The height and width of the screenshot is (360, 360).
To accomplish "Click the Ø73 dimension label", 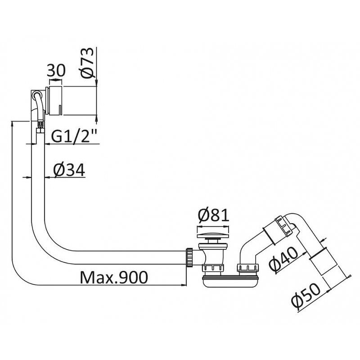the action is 88,63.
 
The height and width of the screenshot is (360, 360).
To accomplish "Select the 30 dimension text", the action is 56,70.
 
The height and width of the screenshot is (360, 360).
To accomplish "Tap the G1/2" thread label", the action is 74,136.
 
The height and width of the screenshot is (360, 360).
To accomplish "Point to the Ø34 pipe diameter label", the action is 69,170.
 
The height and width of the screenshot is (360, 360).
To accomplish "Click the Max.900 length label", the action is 114,277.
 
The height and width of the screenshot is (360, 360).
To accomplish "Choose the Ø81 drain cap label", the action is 213,215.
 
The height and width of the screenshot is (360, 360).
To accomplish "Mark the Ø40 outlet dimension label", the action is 283,261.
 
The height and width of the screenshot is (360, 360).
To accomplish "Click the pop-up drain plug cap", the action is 213,235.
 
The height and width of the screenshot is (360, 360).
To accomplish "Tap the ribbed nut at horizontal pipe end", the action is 189,257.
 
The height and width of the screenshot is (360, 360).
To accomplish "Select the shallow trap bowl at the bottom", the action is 230,282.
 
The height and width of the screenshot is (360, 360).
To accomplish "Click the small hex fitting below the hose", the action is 40,131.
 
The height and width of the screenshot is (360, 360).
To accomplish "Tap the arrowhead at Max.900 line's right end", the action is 184,285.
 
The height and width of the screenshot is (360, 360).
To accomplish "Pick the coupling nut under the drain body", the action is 213,268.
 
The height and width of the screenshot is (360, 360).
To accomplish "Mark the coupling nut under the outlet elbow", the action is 248,268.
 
